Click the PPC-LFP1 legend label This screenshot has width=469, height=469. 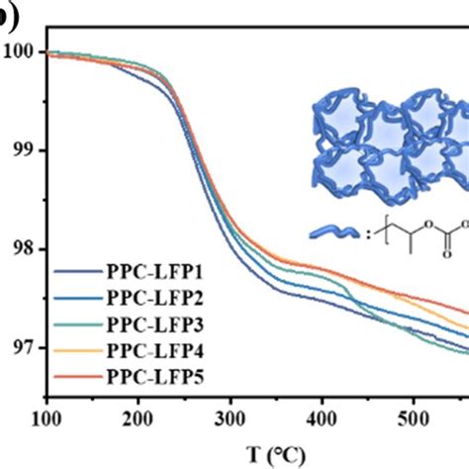coord(147,270)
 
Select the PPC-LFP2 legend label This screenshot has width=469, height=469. coord(147,297)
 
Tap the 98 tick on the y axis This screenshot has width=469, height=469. coord(20,248)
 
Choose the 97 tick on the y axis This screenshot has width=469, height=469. coord(20,347)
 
